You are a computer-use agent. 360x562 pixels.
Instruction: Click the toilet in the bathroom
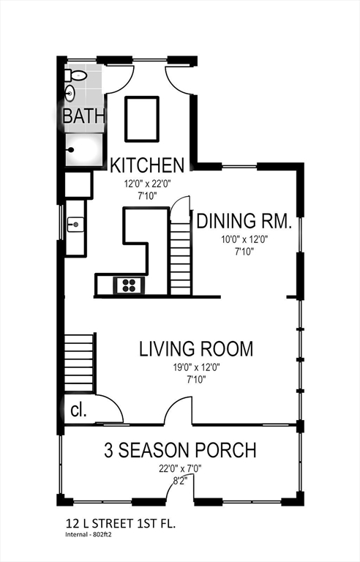[x=75, y=75]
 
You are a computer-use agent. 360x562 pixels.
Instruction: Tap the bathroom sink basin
[x=70, y=94]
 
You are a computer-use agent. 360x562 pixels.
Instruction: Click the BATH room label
[x=84, y=116]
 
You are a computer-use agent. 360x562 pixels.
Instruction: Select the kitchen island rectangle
[x=142, y=119]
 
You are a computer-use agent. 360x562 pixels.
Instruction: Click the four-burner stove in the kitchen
[x=129, y=285]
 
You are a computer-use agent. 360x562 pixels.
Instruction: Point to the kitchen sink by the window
[x=75, y=225]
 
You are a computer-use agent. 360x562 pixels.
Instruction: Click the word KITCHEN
[x=147, y=165]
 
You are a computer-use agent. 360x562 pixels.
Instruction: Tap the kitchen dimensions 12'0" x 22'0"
[x=147, y=184]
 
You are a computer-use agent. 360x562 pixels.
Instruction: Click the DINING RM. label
[x=244, y=221]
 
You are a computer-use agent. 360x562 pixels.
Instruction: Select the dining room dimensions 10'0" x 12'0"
[x=244, y=239]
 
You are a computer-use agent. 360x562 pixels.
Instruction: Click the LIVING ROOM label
[x=196, y=349]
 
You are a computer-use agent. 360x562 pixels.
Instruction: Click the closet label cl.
[x=78, y=411]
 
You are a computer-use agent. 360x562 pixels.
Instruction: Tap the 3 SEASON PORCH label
[x=180, y=450]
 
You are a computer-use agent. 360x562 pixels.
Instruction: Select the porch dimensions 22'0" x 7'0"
[x=180, y=468]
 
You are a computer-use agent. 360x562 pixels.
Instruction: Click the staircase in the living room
[x=79, y=363]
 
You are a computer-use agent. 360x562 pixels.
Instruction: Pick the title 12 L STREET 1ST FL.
[x=121, y=524]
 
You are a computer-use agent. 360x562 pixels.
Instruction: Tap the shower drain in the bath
[x=72, y=150]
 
